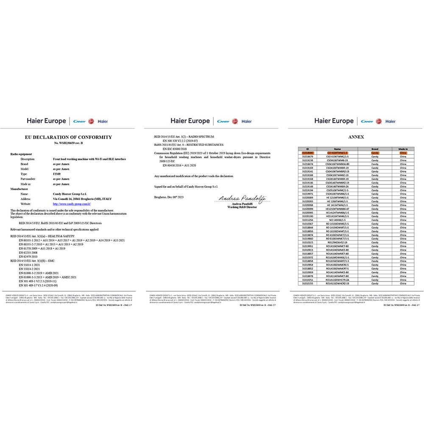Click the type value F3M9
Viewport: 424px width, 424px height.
(56, 174)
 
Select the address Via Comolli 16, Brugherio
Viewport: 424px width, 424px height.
(82, 198)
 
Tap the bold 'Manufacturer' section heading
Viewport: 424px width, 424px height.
(20, 189)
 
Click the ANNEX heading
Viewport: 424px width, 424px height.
(356, 137)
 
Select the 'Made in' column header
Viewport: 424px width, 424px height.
(403, 149)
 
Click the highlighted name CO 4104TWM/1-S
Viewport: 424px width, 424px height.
(338, 153)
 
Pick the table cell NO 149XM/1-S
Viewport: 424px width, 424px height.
(338, 220)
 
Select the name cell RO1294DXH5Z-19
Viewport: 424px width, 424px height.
(338, 242)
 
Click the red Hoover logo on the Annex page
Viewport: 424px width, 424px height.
(379, 121)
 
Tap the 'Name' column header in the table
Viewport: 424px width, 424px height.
(338, 149)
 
